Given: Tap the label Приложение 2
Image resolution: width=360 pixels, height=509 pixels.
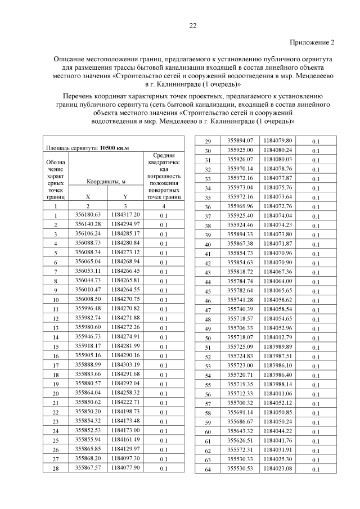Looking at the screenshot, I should pyautogui.click(x=312, y=42).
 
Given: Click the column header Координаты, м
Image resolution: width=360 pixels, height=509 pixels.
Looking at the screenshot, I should pyautogui.click(x=105, y=182).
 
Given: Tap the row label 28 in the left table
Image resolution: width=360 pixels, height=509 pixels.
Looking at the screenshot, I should pyautogui.click(x=56, y=468).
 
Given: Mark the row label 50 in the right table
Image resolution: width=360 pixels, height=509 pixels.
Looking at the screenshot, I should pyautogui.click(x=208, y=338).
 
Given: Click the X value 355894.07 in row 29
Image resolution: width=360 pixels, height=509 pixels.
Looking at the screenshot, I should pyautogui.click(x=240, y=140).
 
